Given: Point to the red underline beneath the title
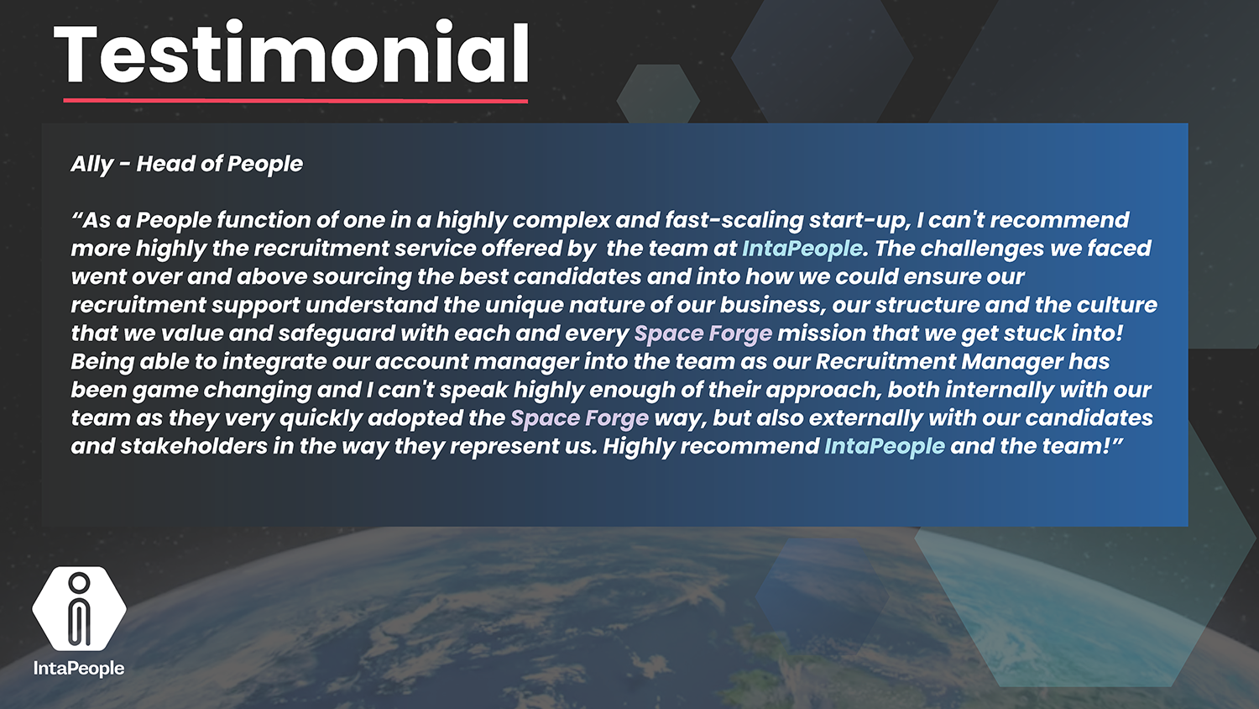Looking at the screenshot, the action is coord(295,101).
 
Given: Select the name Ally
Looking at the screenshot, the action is coord(92,165).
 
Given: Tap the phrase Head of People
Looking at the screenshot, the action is coord(219,165).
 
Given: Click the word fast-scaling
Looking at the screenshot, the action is coord(734,221).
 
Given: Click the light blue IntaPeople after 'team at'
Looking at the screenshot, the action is coord(802,249).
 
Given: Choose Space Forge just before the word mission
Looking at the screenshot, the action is coord(703,333).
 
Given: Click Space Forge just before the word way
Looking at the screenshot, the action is coord(579,418).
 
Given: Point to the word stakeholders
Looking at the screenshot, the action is coord(194,446).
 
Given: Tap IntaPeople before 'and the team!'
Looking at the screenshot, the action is coord(885,447).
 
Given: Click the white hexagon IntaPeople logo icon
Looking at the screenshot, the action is coord(79,608).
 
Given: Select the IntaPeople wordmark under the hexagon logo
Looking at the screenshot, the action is coord(79,669).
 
